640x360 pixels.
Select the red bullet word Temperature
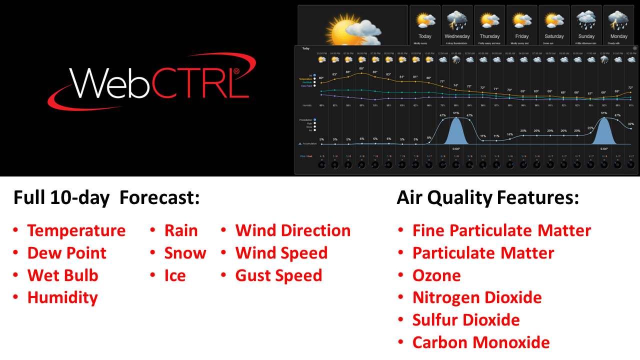point(76,230)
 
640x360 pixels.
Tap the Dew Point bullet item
point(66,253)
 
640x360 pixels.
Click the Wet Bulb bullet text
point(62,275)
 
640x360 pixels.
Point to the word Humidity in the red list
point(62,297)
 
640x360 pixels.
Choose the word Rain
point(181,230)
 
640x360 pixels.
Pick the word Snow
point(185,253)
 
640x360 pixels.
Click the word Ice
point(175,275)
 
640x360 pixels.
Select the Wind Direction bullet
point(292,230)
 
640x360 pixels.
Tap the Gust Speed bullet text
point(278,275)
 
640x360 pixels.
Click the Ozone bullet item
point(436,275)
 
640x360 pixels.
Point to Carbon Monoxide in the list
point(480,342)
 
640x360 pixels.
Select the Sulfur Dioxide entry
point(466,320)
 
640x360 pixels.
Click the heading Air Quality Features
point(487,198)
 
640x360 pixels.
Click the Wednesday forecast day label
point(457,36)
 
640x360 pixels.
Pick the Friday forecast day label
point(522,36)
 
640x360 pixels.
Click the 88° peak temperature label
point(361,68)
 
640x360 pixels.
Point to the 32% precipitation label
point(631,123)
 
